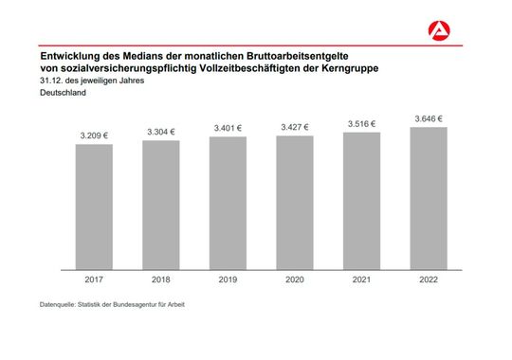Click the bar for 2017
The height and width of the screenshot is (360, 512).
pos(94,206)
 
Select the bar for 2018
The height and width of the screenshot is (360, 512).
pos(161,204)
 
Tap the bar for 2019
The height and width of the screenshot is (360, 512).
pos(228,202)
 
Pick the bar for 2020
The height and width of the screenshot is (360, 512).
pos(295,202)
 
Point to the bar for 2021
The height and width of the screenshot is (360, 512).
pos(361,200)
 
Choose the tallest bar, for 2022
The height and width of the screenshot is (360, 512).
pos(429,197)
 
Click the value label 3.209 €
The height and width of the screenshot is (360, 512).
pos(94,135)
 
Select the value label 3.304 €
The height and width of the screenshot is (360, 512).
pos(161,132)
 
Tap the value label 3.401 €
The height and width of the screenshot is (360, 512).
pos(228,128)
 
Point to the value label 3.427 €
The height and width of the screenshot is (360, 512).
pos(295,127)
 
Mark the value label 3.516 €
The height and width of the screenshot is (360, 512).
pos(361,123)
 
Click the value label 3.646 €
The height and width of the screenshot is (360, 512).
pos(429,118)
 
